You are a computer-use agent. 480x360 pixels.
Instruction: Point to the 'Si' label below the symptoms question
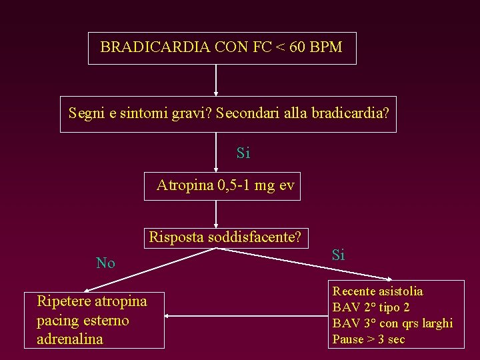click(243, 153)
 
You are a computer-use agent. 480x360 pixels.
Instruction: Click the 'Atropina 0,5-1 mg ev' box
click(225, 186)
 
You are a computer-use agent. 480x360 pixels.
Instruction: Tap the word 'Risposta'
click(176, 237)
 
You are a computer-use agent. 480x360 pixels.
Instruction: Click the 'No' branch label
click(105, 263)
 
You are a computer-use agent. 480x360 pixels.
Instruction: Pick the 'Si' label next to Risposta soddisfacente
click(338, 255)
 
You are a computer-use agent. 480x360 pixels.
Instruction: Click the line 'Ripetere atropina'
click(92, 301)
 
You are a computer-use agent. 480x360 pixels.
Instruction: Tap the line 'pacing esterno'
click(83, 320)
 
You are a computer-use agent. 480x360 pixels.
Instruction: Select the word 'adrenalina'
click(70, 339)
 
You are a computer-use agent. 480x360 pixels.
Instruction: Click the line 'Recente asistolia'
click(377, 291)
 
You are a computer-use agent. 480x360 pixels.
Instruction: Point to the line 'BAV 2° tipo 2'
click(371, 307)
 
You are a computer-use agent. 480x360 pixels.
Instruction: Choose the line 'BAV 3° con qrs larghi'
click(392, 323)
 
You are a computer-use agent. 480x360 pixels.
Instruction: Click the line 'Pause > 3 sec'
click(368, 339)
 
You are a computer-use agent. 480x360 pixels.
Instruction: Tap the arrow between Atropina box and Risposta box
click(216, 214)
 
